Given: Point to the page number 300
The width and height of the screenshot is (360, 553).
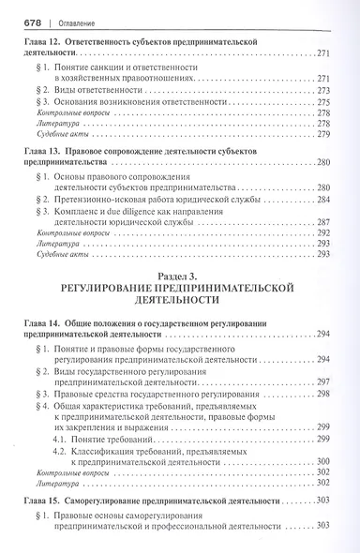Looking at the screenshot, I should [x=325, y=460].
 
